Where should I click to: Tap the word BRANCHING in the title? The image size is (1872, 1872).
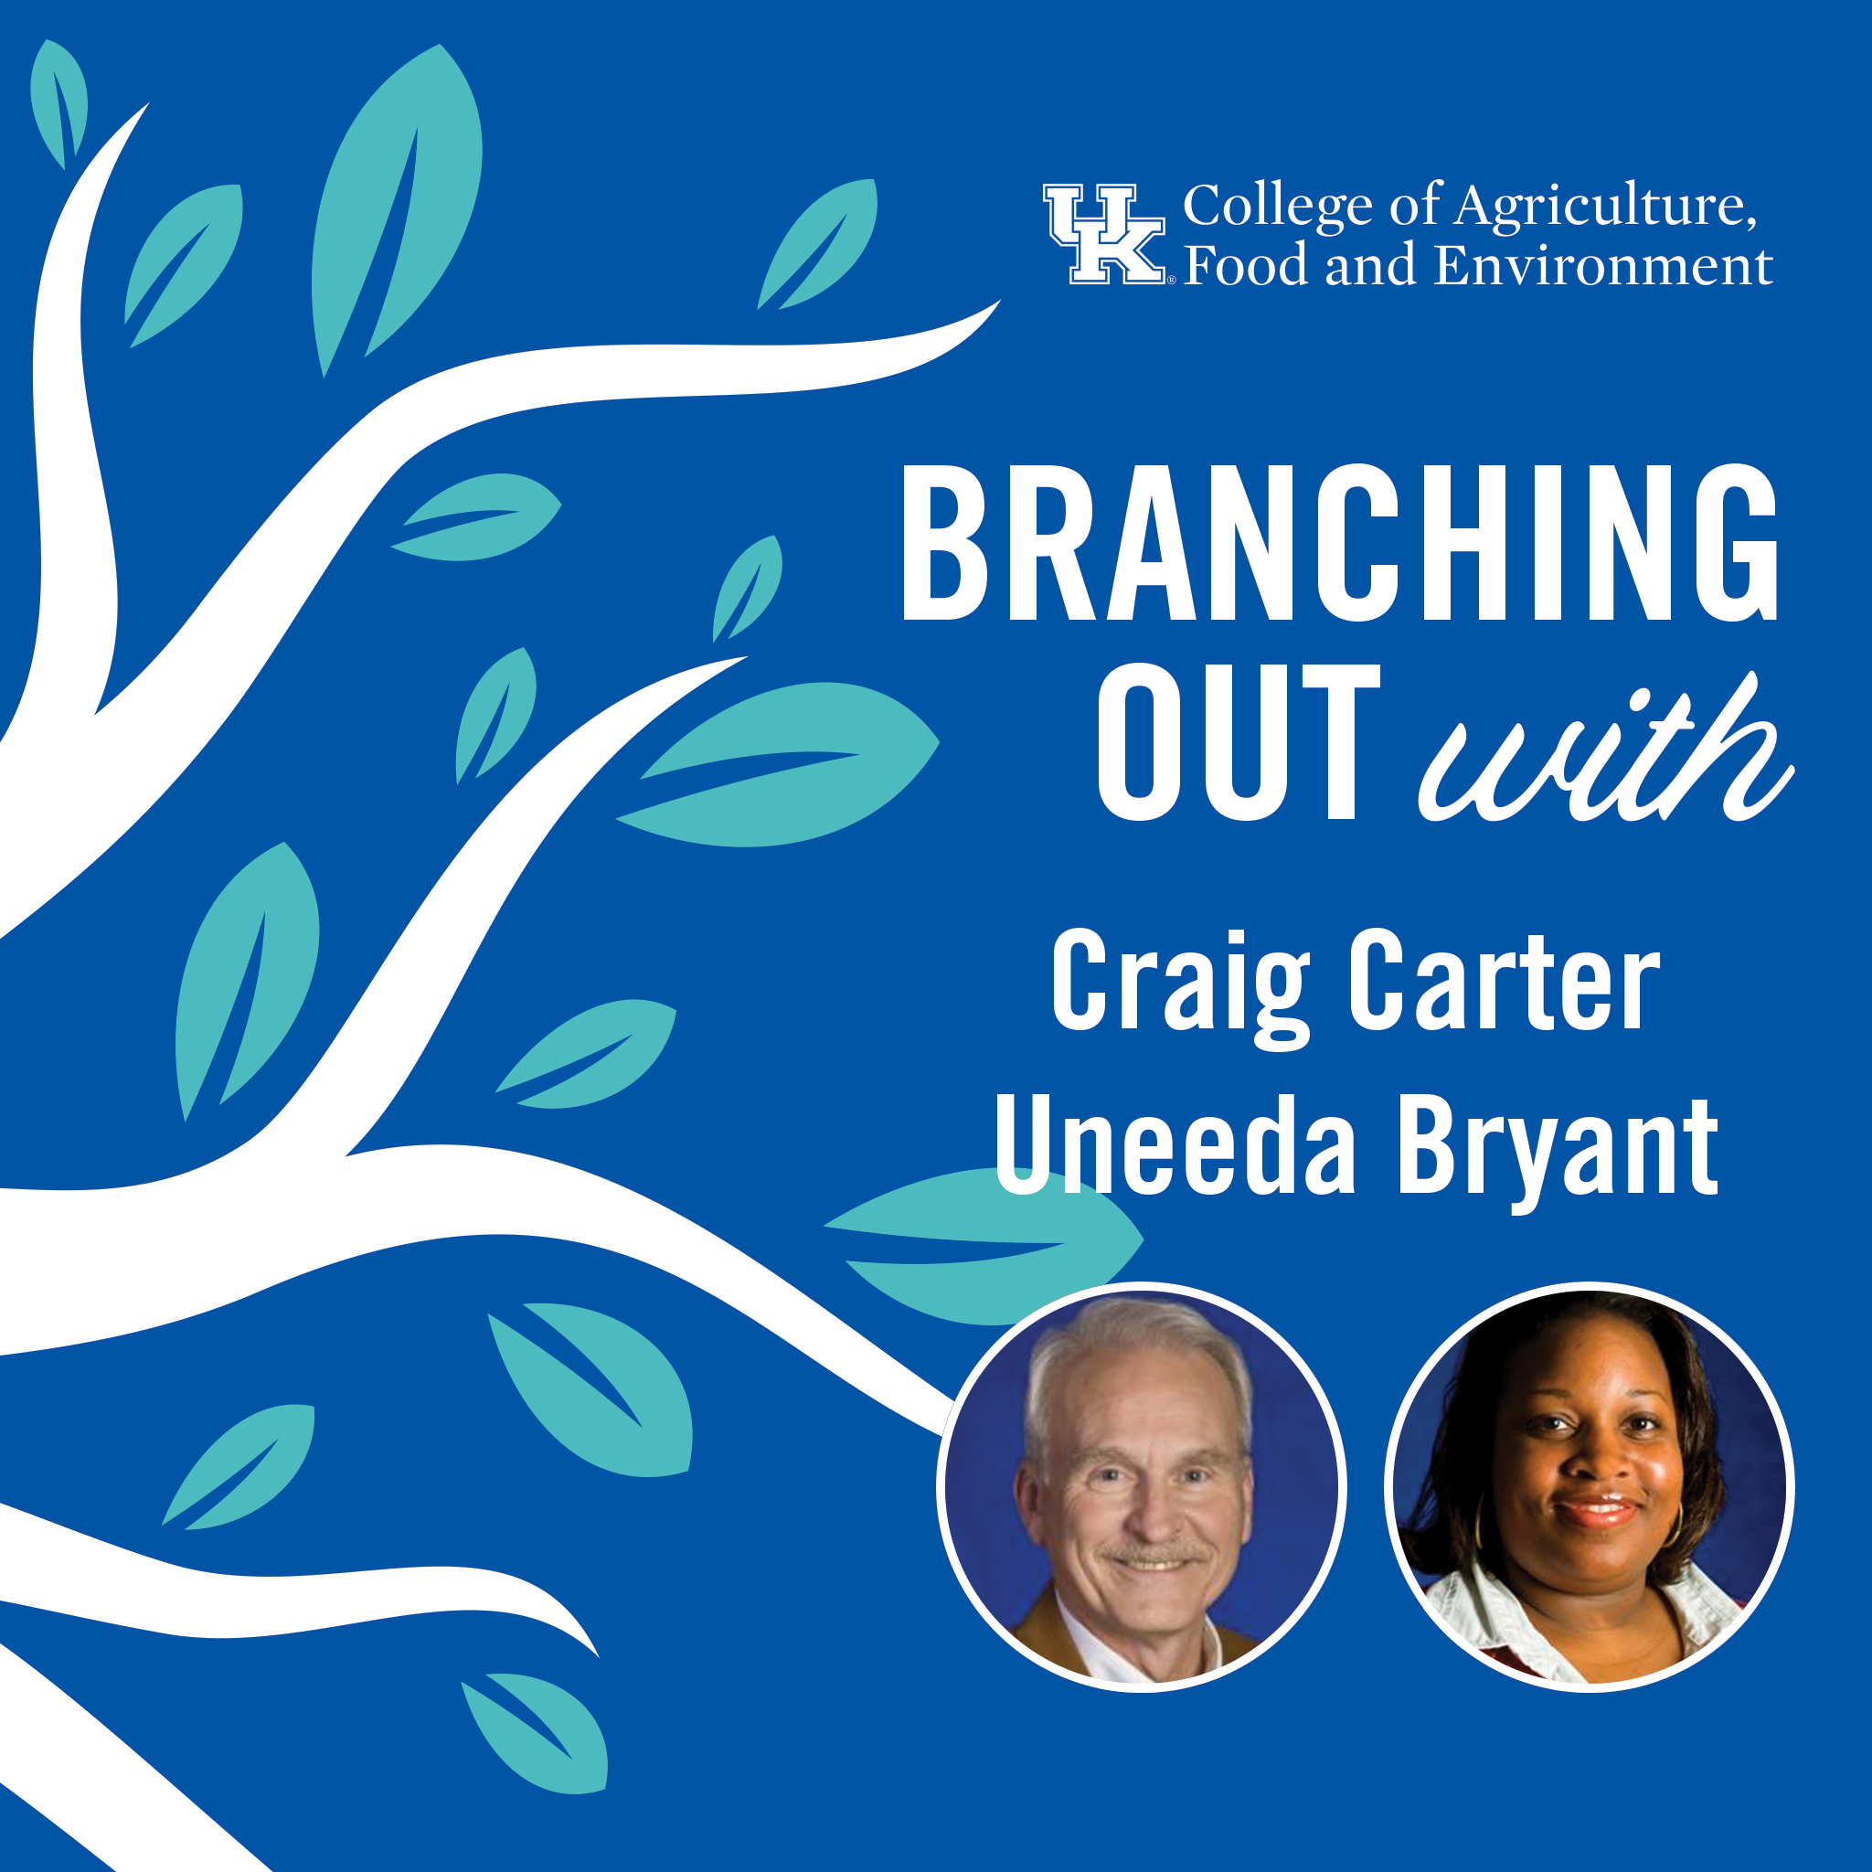point(1340,543)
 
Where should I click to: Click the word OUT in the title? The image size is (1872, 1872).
point(1239,742)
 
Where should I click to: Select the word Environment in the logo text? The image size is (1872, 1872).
point(1603,265)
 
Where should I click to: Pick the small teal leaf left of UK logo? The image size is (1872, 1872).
point(818,244)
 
